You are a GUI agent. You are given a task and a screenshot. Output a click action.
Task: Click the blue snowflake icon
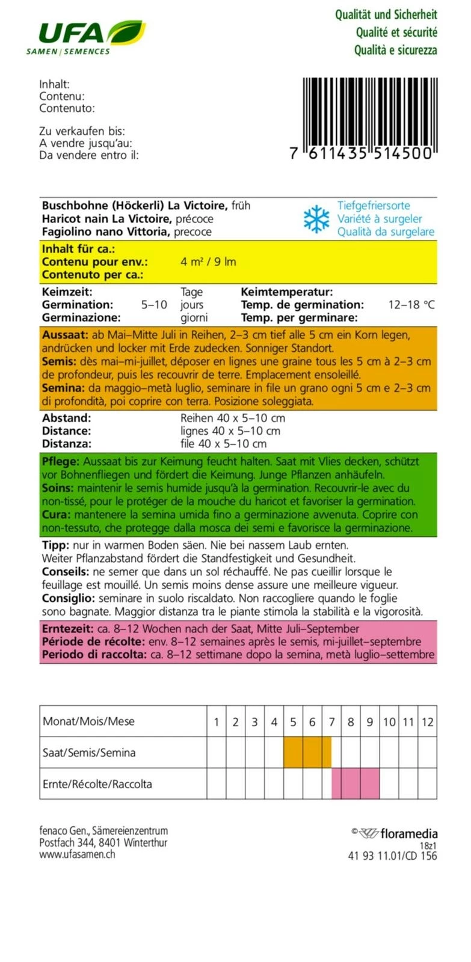point(316,219)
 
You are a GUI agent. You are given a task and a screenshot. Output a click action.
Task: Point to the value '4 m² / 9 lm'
point(208,262)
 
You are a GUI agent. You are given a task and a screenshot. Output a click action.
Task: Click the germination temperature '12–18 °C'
point(411,305)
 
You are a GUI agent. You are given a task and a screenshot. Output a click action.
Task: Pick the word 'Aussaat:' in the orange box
point(65,335)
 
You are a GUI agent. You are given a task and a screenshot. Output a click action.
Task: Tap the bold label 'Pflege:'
point(61,462)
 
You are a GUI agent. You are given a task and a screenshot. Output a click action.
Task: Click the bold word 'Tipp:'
point(56,545)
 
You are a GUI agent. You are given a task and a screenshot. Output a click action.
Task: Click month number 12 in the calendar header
point(427,722)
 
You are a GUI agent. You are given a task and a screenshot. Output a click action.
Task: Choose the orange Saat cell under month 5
point(293,753)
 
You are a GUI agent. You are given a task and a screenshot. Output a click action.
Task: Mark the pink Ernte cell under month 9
point(369,784)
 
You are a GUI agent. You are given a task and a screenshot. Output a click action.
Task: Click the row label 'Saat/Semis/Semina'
point(89,753)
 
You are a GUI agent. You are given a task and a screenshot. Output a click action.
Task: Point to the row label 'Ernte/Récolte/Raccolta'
point(97,784)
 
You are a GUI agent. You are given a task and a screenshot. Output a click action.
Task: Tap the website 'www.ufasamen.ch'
point(77,854)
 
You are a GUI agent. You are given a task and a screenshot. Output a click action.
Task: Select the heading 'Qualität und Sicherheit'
point(386,15)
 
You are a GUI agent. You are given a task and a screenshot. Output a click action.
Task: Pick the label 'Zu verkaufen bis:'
point(82,131)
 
